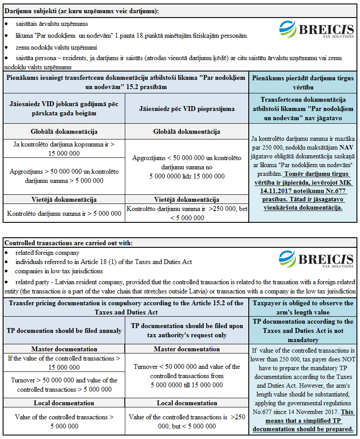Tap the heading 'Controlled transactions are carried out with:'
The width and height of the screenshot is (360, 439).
[x=68, y=243]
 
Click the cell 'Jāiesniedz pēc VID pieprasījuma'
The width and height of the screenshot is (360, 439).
[x=187, y=108]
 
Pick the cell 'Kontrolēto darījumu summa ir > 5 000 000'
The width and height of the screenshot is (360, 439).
[x=64, y=214]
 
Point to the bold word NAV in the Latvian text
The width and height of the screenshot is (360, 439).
[x=346, y=148]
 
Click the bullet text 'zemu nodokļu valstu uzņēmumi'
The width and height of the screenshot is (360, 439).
[x=56, y=47]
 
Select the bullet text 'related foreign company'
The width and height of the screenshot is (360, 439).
[x=47, y=253]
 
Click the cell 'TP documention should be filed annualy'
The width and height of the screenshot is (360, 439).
[x=64, y=330]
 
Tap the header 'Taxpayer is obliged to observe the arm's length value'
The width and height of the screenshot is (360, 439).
[x=303, y=307]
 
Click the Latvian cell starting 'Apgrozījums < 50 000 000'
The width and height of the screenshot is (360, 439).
[x=187, y=167]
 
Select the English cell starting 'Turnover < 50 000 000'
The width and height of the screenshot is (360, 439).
[x=187, y=376]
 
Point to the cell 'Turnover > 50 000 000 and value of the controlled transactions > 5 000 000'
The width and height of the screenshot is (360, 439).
[x=64, y=385]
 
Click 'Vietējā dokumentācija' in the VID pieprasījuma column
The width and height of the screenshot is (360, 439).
[x=187, y=200]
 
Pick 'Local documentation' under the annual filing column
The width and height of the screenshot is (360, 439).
[x=64, y=403]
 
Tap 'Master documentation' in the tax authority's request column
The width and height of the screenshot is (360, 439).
[x=187, y=349]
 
